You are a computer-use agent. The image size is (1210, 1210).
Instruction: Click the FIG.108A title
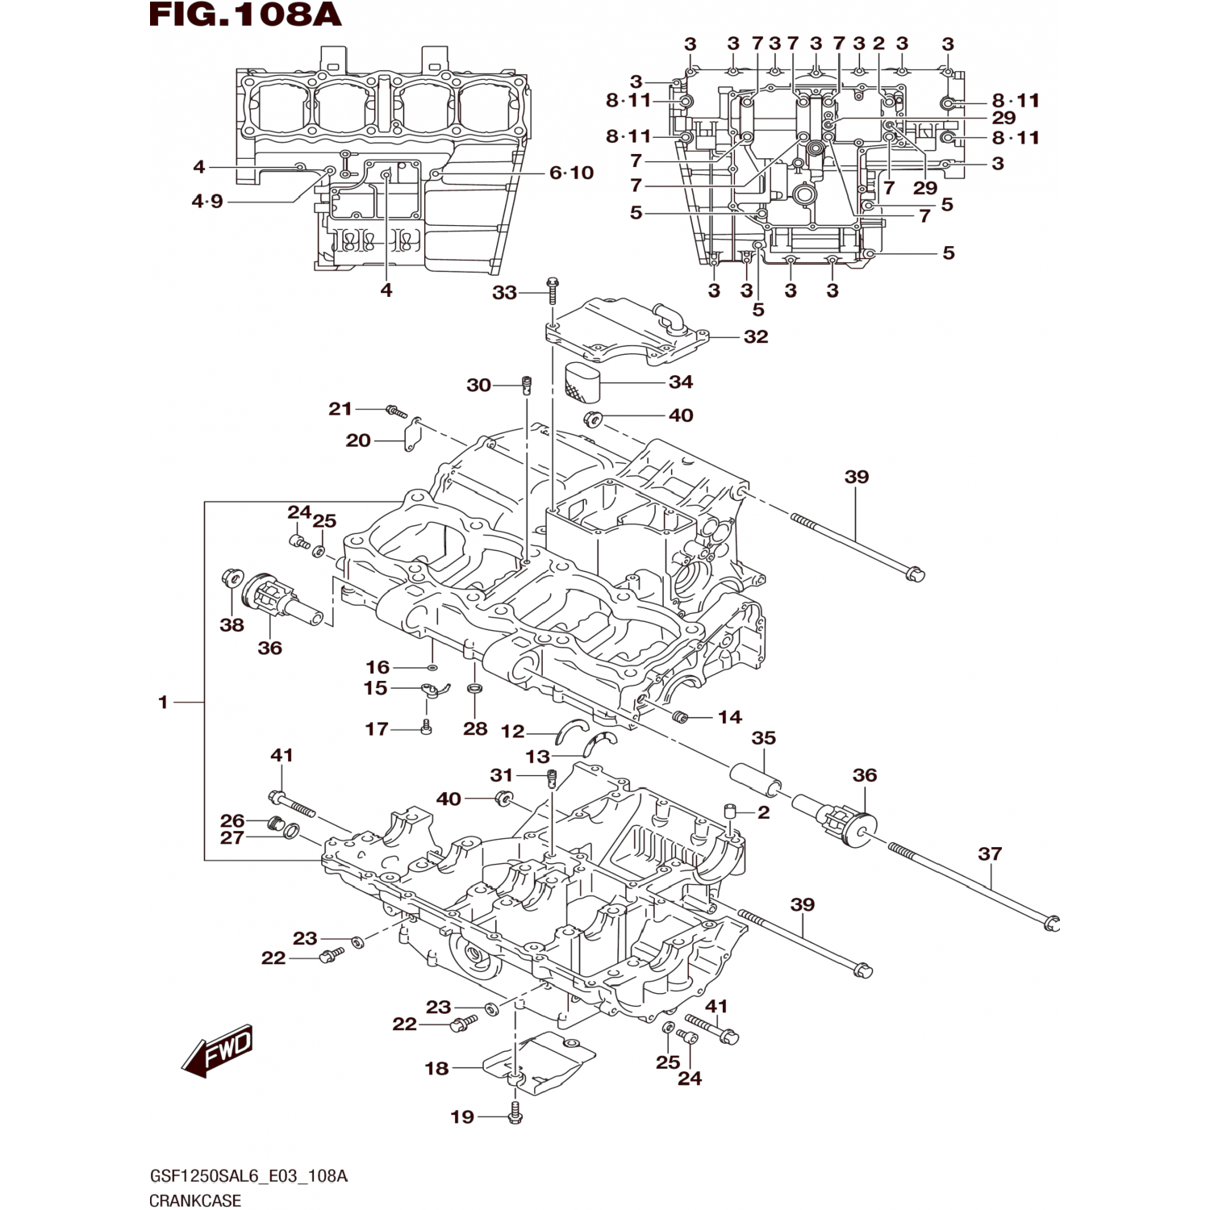coord(245,15)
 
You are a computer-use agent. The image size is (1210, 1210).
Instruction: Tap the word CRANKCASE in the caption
coord(195,1200)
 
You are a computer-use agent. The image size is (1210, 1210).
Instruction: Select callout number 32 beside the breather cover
coord(756,336)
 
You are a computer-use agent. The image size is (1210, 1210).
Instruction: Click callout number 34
coord(681,382)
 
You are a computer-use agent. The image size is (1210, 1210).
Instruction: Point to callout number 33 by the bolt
coord(504,292)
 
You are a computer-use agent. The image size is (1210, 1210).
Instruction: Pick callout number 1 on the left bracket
coord(163,703)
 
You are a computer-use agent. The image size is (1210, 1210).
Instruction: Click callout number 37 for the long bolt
coord(990,853)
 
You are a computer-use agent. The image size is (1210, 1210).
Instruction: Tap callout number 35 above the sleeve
coord(763,738)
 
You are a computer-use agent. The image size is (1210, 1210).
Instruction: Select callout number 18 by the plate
coord(436,1068)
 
